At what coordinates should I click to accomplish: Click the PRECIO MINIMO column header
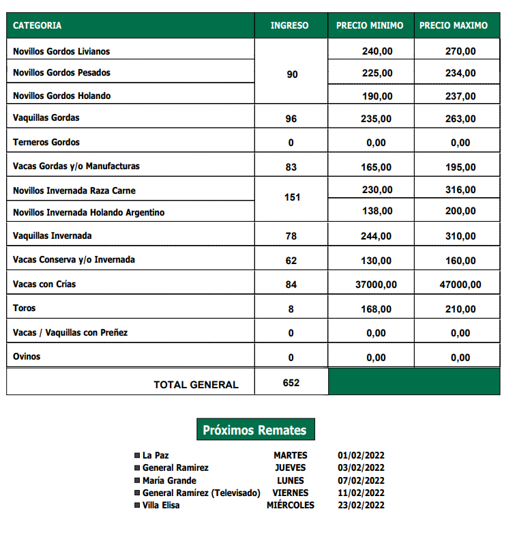coord(370,25)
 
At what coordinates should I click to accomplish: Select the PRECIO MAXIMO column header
coord(454,25)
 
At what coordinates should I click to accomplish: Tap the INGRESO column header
coord(289,25)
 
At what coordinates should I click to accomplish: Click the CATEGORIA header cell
coord(38,25)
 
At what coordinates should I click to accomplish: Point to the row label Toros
coord(25,308)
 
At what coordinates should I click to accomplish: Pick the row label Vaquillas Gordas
coord(46,117)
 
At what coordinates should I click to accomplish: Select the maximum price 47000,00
coord(458,285)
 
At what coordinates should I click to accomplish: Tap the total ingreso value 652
coord(291,383)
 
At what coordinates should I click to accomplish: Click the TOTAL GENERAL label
coord(196,385)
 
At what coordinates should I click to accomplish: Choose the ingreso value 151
coord(292,197)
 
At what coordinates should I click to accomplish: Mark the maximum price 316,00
coord(460,190)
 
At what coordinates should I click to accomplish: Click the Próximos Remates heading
coord(255,431)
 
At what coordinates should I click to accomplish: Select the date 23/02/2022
coord(361,506)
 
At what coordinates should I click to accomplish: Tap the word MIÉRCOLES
coord(291,506)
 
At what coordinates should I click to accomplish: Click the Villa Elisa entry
coord(161,506)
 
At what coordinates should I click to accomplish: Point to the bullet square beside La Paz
coord(137,455)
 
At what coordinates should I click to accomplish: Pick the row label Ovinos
coord(27,356)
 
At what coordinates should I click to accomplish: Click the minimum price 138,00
coord(377,211)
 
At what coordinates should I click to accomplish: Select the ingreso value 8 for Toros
coord(291,309)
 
